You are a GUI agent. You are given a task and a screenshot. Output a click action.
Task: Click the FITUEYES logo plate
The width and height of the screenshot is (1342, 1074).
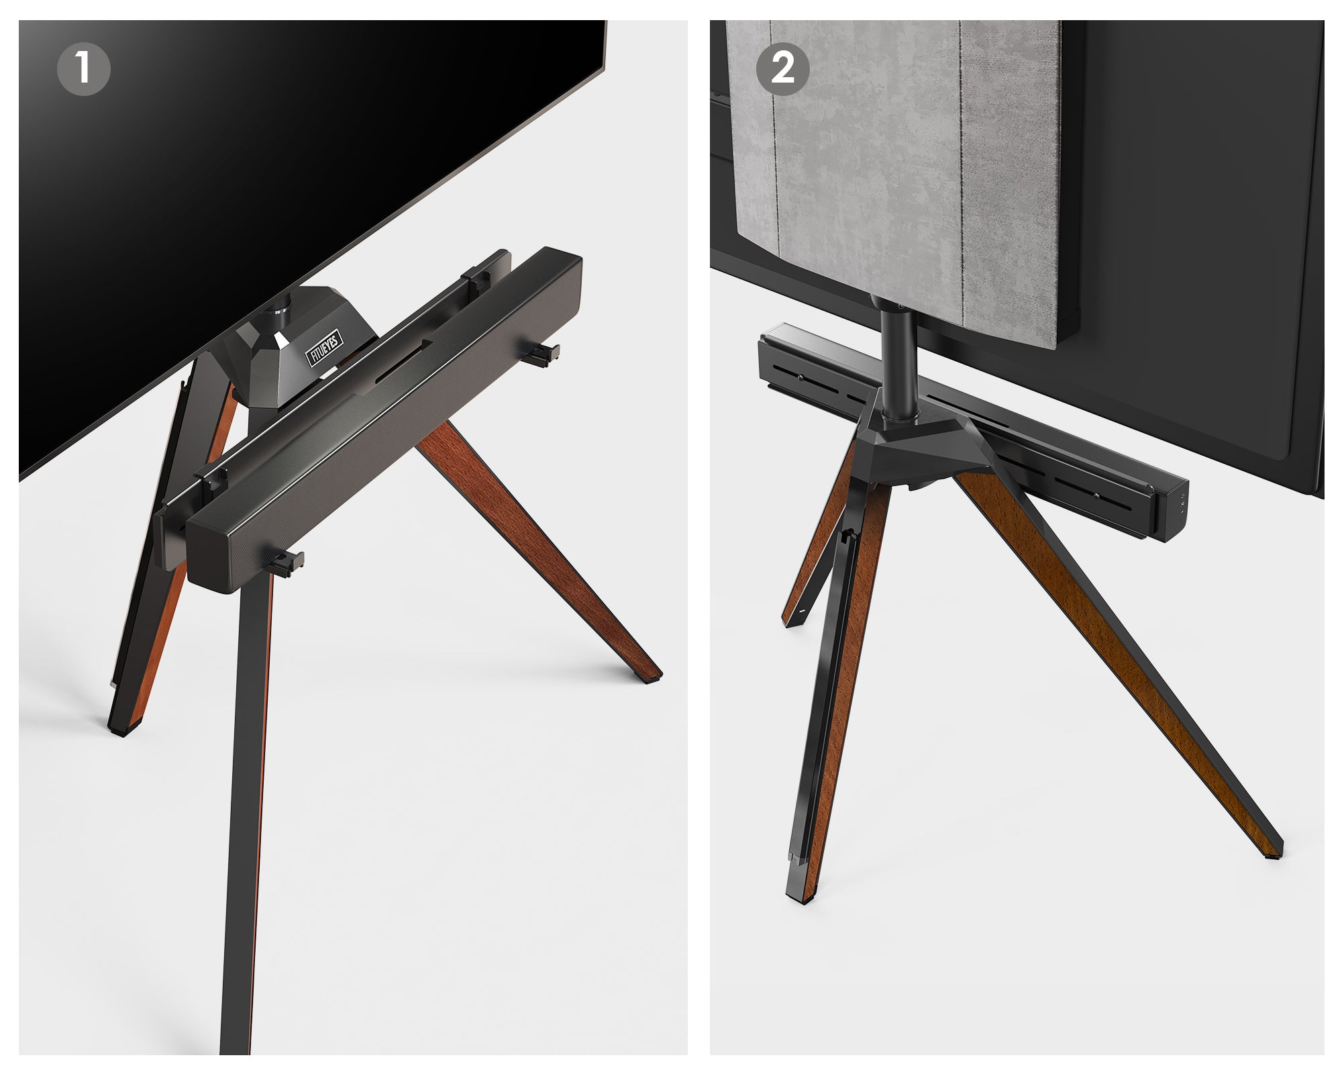pyautogui.click(x=325, y=347)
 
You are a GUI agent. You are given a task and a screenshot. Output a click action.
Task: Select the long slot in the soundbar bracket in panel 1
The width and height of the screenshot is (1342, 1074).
pyautogui.click(x=403, y=362)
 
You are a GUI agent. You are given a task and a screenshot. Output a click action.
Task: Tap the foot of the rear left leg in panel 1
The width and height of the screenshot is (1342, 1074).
pyautogui.click(x=121, y=728)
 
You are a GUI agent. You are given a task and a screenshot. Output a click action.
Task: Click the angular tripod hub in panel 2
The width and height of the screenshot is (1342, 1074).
pyautogui.click(x=919, y=443)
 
